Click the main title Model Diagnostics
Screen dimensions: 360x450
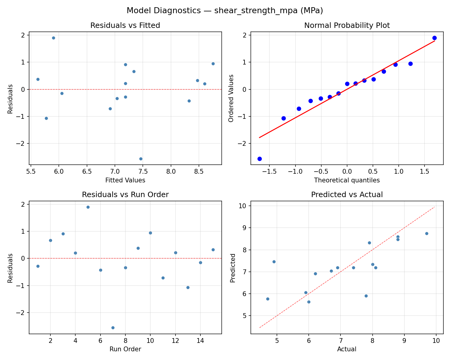(225, 10)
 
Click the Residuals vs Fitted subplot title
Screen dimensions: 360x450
(125, 25)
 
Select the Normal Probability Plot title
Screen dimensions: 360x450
(347, 25)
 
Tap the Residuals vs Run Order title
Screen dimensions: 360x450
(125, 195)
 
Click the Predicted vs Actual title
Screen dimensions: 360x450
(347, 195)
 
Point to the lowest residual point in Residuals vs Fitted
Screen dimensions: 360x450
(141, 159)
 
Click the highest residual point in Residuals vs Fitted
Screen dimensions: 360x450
(53, 38)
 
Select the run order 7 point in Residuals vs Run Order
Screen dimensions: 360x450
(113, 328)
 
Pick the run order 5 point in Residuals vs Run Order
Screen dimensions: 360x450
(88, 207)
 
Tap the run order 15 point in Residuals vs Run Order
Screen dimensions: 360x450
(213, 250)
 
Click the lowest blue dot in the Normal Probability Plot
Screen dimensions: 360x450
(259, 159)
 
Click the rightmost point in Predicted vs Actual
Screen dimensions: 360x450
(427, 233)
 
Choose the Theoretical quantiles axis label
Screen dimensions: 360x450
(347, 180)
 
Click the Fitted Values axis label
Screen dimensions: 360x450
(125, 180)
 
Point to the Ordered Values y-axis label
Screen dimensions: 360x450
(231, 98)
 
